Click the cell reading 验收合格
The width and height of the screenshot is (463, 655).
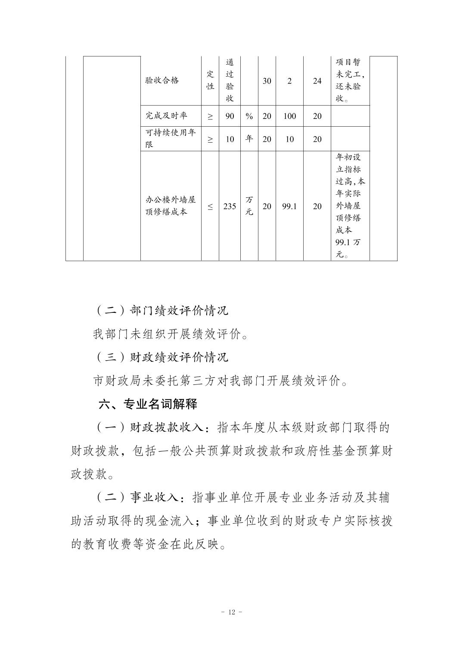(x=162, y=81)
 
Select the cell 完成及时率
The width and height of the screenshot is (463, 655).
(x=166, y=116)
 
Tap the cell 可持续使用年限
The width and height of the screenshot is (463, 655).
(x=171, y=138)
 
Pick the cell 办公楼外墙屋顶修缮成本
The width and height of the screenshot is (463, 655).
(x=171, y=206)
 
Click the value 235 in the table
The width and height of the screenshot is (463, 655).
(x=230, y=206)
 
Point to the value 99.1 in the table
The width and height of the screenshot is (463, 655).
(x=289, y=206)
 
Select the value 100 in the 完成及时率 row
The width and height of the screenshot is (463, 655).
(x=289, y=116)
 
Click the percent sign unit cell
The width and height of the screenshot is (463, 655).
(x=249, y=116)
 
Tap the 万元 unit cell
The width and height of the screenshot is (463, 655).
(x=249, y=206)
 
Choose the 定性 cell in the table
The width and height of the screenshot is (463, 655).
(x=210, y=81)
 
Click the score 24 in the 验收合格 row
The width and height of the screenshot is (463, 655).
(x=317, y=81)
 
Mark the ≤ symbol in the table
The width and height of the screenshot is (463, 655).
(x=210, y=206)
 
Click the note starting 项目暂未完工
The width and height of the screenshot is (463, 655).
(x=350, y=81)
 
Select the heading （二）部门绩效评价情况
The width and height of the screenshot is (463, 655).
(x=161, y=310)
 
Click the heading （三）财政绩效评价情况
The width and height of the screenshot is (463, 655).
(x=161, y=357)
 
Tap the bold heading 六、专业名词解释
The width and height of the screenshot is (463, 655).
(x=148, y=404)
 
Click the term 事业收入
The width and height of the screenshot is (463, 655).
(x=154, y=498)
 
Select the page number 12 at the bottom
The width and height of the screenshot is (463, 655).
(x=231, y=612)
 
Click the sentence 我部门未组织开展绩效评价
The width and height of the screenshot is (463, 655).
(x=171, y=334)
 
